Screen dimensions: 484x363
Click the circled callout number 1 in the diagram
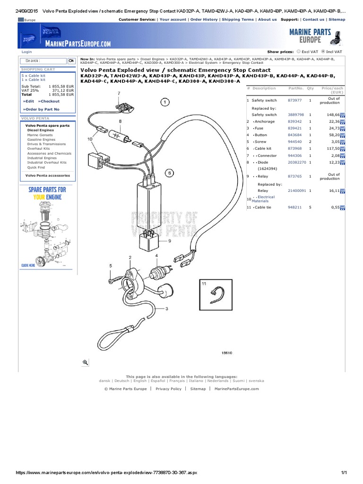(165, 102)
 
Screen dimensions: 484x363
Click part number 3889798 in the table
(296, 115)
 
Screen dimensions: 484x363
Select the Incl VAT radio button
(323, 52)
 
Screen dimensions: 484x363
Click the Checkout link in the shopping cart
(49, 101)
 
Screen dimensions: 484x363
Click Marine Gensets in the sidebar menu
(40, 135)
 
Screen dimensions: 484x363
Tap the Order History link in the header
(204, 20)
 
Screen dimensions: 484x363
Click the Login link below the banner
(26, 52)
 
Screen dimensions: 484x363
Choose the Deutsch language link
(121, 380)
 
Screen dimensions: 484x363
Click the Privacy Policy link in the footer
(168, 389)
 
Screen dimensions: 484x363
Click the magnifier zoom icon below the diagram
(86, 362)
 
